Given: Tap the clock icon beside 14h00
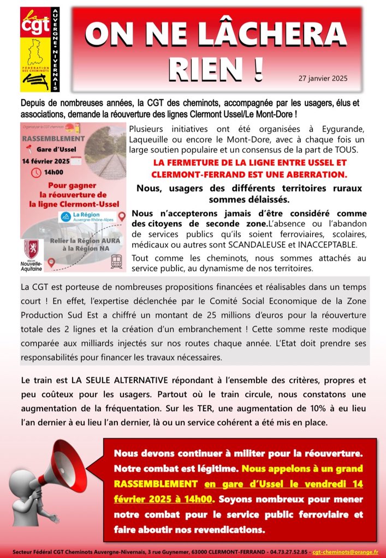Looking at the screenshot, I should point(36,173).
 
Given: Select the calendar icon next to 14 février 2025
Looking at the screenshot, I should point(76,161).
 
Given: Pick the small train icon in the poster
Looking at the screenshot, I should point(116,262).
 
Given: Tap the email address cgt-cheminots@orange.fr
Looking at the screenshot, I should point(354,551).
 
